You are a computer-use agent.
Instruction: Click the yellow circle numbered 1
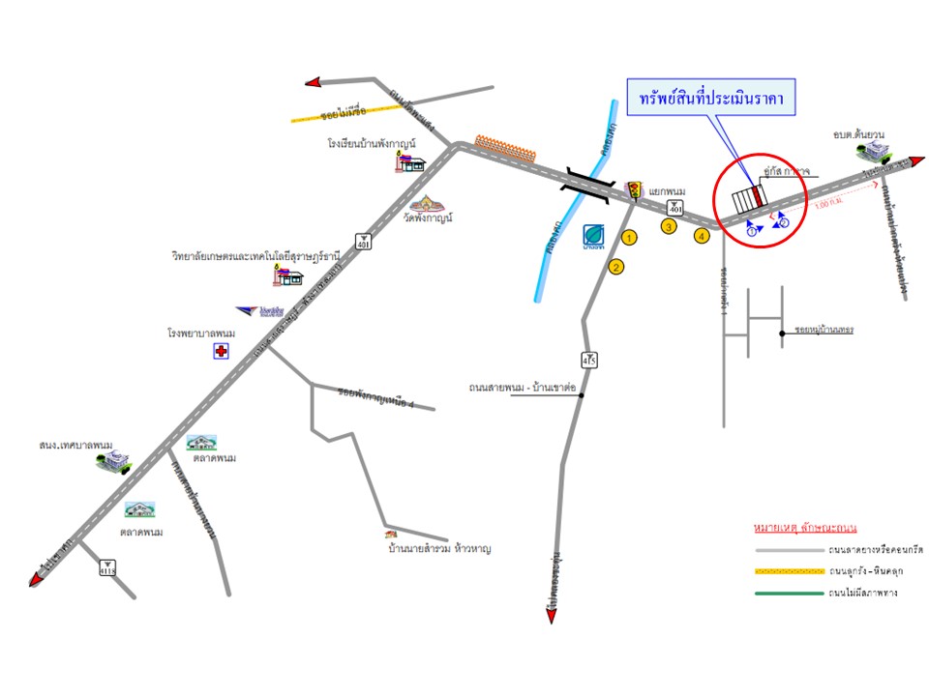point(629,237)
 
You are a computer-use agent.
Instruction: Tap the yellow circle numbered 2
point(615,268)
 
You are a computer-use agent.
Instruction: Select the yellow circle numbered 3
point(668,226)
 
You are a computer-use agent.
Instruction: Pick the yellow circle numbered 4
point(703,235)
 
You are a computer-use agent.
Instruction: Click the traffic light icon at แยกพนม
point(635,188)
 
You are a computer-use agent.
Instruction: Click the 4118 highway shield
point(106,568)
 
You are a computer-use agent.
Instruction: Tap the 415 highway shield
point(588,360)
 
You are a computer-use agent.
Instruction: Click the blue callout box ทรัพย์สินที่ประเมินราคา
point(711,98)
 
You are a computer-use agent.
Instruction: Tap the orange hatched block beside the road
point(505,150)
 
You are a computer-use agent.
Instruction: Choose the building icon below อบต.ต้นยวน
point(879,150)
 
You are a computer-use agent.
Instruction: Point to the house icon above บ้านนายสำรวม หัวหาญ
point(390,534)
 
